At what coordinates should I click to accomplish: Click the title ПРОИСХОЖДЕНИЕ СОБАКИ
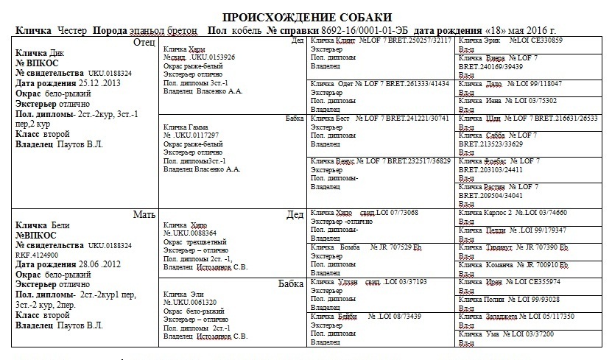tap(307, 17)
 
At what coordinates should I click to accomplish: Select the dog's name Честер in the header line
tap(71, 30)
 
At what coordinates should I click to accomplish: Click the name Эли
tap(194, 294)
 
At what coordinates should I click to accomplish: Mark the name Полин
tap(499, 299)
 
